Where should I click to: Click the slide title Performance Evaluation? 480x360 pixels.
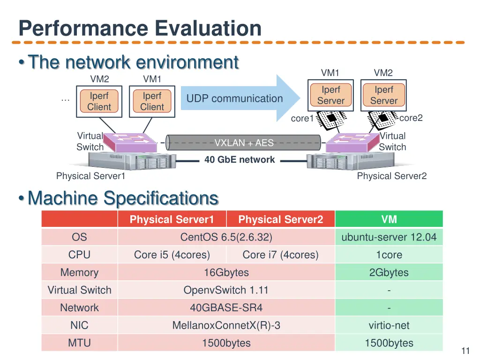click(140, 29)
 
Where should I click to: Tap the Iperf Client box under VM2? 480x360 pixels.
click(99, 101)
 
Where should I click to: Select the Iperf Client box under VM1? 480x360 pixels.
click(152, 101)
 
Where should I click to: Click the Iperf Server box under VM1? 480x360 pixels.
click(330, 95)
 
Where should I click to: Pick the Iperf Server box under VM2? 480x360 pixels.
click(383, 95)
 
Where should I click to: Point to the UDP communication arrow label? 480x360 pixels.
click(234, 99)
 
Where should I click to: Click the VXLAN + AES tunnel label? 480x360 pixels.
click(244, 143)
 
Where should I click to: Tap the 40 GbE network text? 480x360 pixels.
click(240, 160)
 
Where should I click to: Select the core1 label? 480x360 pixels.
click(302, 119)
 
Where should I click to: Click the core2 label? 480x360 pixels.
click(411, 118)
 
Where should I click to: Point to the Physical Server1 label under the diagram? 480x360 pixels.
click(90, 176)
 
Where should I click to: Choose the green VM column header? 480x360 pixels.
click(389, 219)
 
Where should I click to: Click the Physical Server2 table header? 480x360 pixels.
click(280, 219)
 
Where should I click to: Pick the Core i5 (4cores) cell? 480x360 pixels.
click(172, 255)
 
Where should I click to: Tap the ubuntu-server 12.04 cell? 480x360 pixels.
click(389, 237)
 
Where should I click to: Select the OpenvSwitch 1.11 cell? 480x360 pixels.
click(226, 290)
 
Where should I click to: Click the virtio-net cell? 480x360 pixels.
click(389, 325)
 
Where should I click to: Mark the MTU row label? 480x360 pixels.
click(79, 343)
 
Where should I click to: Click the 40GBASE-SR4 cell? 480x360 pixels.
click(226, 308)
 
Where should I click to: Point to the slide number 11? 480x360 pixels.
click(465, 351)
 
